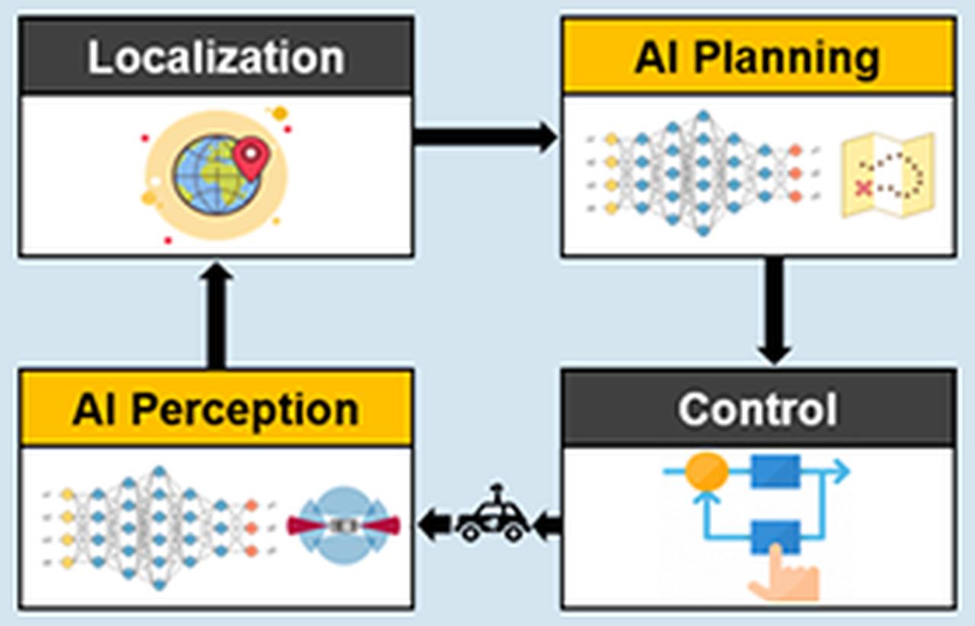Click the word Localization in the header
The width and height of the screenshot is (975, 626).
click(216, 58)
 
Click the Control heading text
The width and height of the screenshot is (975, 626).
click(758, 410)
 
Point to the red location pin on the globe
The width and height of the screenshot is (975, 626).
click(251, 155)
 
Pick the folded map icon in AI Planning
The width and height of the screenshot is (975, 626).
click(887, 175)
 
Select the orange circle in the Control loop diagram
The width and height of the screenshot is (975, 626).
click(706, 473)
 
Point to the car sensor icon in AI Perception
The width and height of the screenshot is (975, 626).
click(343, 525)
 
